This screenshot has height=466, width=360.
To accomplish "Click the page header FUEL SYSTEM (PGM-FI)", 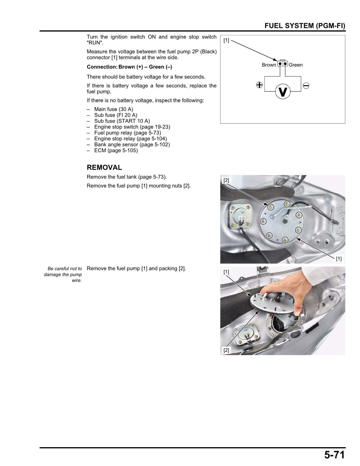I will tap(305, 26).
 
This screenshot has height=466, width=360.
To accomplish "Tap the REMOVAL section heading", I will tap(104, 167).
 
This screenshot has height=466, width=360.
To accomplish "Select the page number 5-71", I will tap(334, 455).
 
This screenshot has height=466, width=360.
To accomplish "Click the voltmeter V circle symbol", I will tap(283, 91).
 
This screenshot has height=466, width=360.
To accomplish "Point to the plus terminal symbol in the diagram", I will tap(259, 85).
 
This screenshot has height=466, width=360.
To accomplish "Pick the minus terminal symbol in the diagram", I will tap(306, 86).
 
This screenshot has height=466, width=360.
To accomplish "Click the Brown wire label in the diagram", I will tap(269, 65).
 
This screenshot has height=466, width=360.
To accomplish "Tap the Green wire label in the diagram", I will tap(296, 65).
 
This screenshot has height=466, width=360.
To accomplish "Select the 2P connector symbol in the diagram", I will tap(283, 64).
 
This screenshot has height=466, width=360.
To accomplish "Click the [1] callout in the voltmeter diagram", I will tap(226, 40).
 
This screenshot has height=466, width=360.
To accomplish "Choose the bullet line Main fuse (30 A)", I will tap(114, 109).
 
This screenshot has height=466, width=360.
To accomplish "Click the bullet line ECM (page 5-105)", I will tap(116, 150).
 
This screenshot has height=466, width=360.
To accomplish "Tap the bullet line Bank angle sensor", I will tap(132, 144).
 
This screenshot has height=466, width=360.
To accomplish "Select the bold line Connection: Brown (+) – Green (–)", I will tap(129, 67).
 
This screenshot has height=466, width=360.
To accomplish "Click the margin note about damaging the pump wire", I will tap(63, 274).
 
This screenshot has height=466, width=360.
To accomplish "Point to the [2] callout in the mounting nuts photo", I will tap(226, 180).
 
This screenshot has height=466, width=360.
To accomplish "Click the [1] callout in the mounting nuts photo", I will tap(339, 259).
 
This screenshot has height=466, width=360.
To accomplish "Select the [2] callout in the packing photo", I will tap(226, 350).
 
